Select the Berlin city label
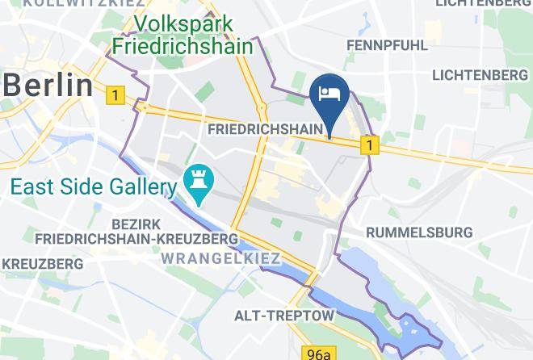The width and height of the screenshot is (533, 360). tap(47, 83)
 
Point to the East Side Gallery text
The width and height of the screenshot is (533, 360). tap(93, 188)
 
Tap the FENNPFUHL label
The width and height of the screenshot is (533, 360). tap(387, 46)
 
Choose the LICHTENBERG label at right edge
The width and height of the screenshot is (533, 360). tap(480, 75)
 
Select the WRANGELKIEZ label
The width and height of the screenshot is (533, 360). tap(220, 258)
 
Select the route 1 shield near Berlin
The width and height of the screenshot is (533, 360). tap(115, 96)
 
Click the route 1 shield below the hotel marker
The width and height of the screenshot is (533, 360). tap(369, 145)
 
